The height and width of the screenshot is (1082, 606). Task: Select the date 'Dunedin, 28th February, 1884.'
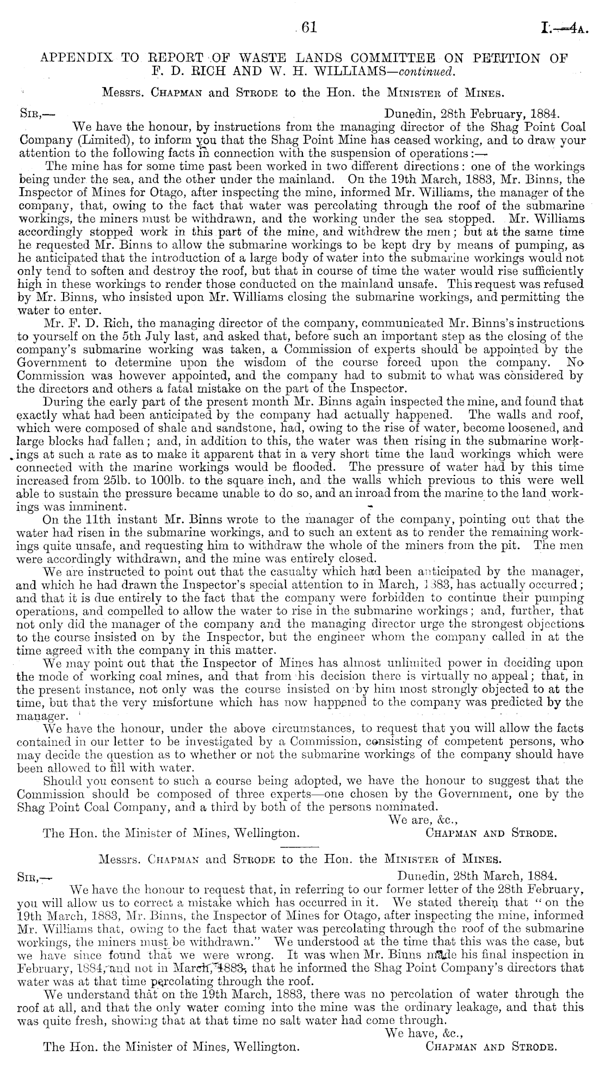471,114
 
